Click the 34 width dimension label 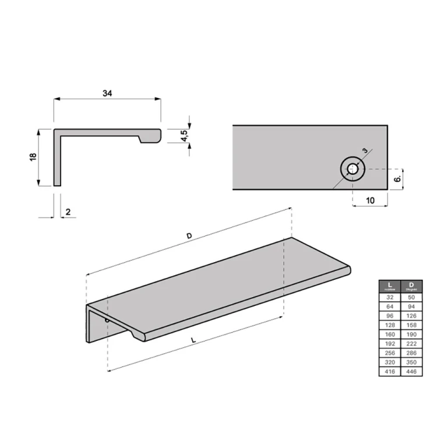(x=107, y=93)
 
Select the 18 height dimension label (x=33, y=157)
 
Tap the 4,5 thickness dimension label (x=185, y=136)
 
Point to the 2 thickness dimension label (x=68, y=212)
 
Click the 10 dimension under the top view (x=369, y=200)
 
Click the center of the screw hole (x=353, y=170)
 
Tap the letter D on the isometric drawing (x=189, y=235)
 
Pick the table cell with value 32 (x=389, y=297)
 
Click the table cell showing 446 (x=411, y=371)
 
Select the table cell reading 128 (x=389, y=325)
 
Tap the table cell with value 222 (x=411, y=343)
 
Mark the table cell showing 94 (x=411, y=306)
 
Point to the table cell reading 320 (x=389, y=362)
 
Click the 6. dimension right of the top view (x=397, y=179)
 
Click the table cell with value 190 (x=411, y=334)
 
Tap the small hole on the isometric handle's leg (x=107, y=320)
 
